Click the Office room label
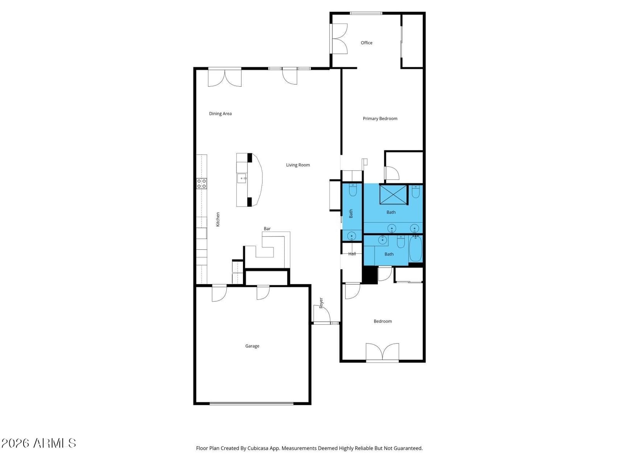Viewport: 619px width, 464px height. [x=366, y=43]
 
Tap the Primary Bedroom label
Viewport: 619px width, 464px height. [x=380, y=119]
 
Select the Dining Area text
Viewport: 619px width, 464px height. [x=220, y=114]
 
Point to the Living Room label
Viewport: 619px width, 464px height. [x=298, y=165]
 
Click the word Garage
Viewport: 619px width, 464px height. [x=252, y=346]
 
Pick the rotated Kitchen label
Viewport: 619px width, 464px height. [x=218, y=219]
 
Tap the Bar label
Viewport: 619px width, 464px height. [x=267, y=229]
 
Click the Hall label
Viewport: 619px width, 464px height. [x=352, y=254]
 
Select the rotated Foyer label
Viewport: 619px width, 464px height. [x=321, y=303]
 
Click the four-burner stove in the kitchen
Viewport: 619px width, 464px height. [x=201, y=184]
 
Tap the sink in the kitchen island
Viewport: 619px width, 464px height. [x=242, y=178]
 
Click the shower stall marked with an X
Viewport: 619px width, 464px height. [x=393, y=194]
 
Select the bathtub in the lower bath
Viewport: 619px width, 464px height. [x=416, y=249]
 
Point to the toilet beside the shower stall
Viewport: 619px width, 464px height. [x=416, y=191]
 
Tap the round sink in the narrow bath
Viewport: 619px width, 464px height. [x=351, y=236]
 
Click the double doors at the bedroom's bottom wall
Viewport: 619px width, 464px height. [x=382, y=352]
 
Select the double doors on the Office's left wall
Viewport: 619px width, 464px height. [x=339, y=39]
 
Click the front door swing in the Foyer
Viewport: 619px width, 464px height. [x=321, y=313]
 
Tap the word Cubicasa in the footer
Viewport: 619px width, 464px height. [x=258, y=448]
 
